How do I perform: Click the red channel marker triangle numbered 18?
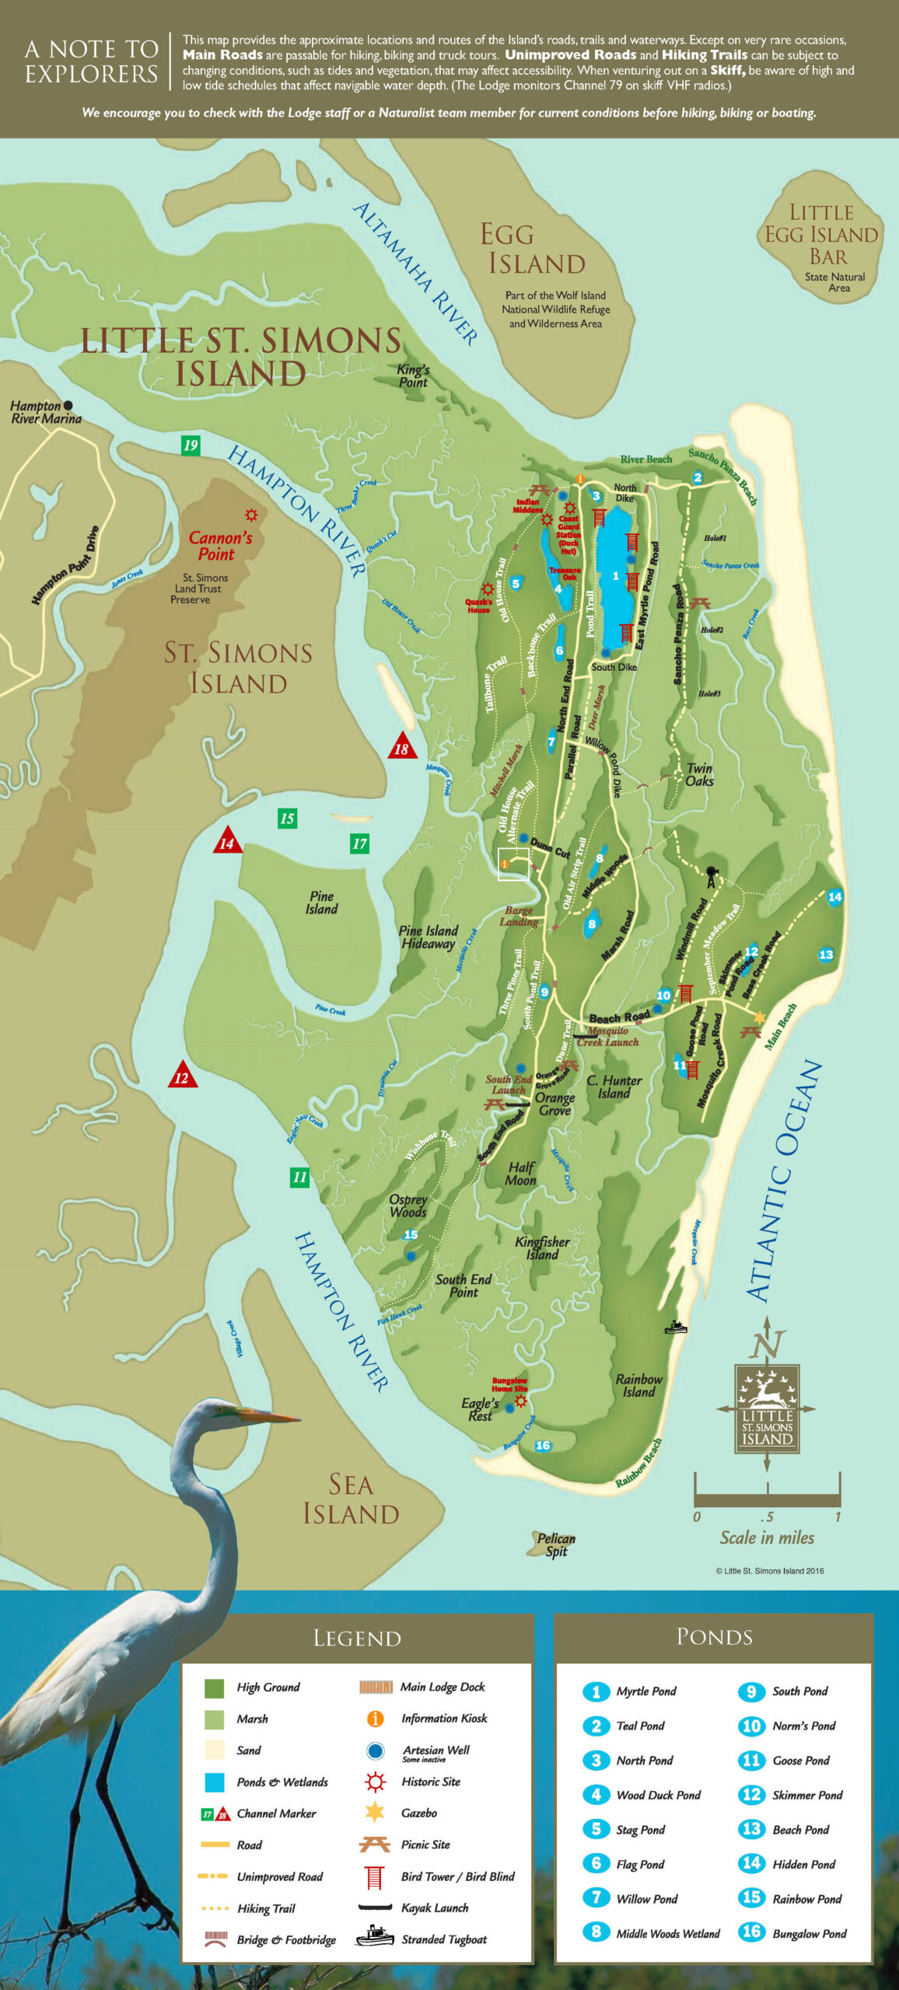tap(402, 747)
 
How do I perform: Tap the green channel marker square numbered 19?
tap(191, 445)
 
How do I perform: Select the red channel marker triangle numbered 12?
tap(182, 1076)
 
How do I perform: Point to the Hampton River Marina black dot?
tap(68, 405)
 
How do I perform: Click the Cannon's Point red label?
tap(220, 546)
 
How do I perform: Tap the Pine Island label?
tap(321, 902)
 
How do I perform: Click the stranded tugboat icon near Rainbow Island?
tap(676, 1327)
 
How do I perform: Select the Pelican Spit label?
tap(556, 1545)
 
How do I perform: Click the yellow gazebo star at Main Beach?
tap(759, 1018)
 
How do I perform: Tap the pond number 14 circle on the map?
tap(834, 896)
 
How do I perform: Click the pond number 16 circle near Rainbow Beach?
tap(543, 1445)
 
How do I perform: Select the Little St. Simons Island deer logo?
tap(767, 1409)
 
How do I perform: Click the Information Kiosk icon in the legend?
tap(375, 1718)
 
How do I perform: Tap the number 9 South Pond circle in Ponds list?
tap(750, 1691)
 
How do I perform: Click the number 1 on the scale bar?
tap(838, 1517)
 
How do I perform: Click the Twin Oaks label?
tap(699, 774)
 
